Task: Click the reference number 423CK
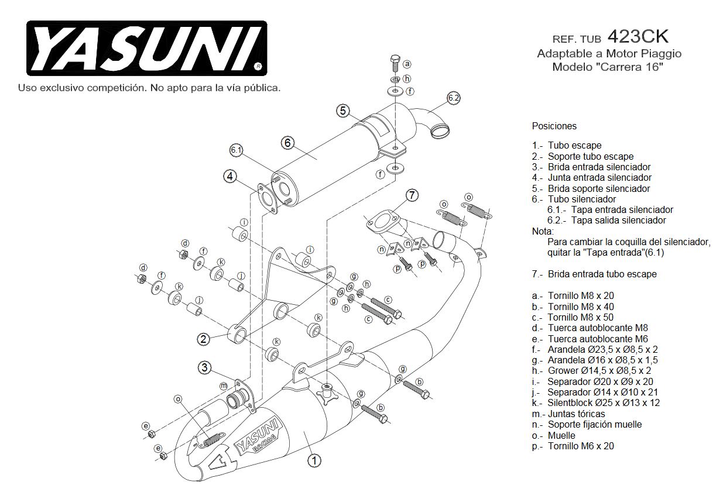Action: pos(638,37)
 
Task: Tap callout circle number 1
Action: pos(314,460)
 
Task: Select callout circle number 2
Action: pos(203,339)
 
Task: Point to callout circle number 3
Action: pos(204,367)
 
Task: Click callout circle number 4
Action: pos(229,176)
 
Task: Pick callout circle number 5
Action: pos(343,110)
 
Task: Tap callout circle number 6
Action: pos(287,142)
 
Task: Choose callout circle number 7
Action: pos(412,195)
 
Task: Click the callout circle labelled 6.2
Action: pos(453,98)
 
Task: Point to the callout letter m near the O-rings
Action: pos(223,386)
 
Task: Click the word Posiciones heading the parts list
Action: pos(554,126)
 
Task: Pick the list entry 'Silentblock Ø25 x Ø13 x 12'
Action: pos(604,403)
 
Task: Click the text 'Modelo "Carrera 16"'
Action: pos(608,67)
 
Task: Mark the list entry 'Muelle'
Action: pos(561,435)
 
